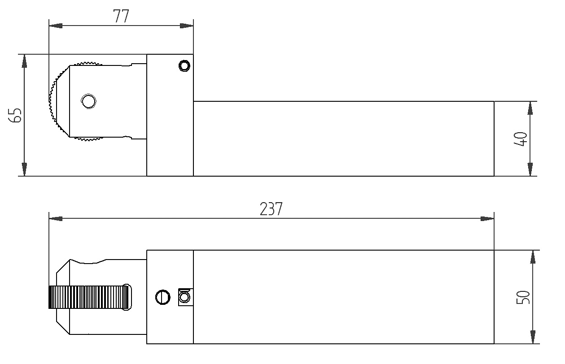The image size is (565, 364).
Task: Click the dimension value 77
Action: tap(121, 16)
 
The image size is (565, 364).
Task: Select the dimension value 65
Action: tap(15, 115)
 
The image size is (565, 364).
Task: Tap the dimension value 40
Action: tap(521, 139)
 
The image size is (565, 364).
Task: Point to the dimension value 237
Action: tap(271, 209)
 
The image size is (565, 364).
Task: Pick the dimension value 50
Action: tap(523, 297)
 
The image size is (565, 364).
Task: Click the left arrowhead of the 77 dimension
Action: tap(56, 26)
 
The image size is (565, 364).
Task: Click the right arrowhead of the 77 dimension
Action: tap(187, 26)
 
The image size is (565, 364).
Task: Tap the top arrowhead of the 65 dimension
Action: tap(24, 61)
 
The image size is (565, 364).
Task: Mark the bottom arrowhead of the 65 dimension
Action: tap(24, 169)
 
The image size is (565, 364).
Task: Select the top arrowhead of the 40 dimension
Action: tap(530, 108)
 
